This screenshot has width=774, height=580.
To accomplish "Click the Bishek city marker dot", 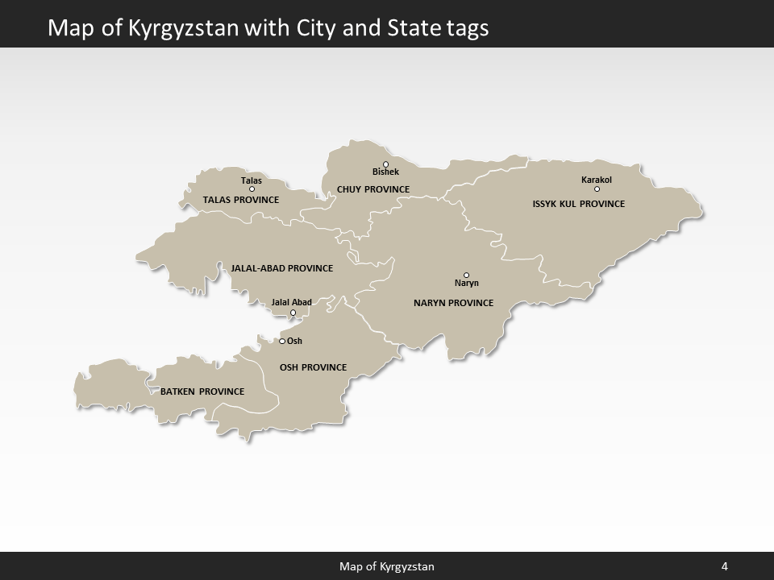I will point(385,164).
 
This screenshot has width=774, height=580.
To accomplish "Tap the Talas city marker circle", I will point(252,189).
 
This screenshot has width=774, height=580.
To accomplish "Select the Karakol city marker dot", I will point(597,189).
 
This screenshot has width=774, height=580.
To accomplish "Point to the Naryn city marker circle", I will point(466,275).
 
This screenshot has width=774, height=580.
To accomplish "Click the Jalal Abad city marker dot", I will point(293,313).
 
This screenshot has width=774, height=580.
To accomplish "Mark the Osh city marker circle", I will point(282,341).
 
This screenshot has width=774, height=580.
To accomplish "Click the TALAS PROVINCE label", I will point(241,200).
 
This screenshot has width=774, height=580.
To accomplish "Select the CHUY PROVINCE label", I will point(373,189).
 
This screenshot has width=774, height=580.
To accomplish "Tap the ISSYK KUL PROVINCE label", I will point(579,204).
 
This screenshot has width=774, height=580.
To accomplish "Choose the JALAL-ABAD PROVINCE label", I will point(281,268).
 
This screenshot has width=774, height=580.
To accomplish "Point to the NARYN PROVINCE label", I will point(453,303).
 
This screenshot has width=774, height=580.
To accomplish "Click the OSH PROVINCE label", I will point(313,367).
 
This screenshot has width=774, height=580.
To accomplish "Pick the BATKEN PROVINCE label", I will point(202,391).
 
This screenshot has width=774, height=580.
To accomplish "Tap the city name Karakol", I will point(597,180).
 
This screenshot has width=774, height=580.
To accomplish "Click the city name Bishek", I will point(385,172).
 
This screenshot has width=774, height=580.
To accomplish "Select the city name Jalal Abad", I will point(291,303).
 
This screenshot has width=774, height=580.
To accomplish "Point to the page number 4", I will point(725,566).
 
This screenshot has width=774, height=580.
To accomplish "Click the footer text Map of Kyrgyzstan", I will point(387,566).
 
